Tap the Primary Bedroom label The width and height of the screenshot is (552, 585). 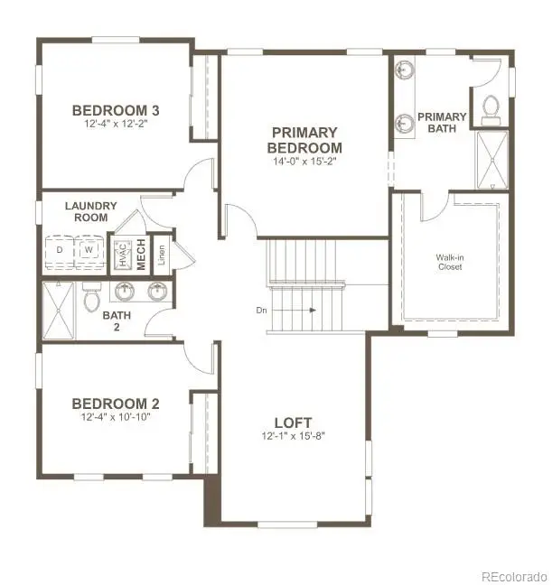(306, 140)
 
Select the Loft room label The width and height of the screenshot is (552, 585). (293, 422)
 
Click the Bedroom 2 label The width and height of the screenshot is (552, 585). (109, 403)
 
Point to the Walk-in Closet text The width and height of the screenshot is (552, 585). (451, 262)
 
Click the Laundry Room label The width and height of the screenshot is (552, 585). (87, 211)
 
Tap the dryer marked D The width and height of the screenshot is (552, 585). (61, 250)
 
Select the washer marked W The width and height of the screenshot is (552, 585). (89, 250)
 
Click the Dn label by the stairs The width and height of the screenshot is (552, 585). (261, 310)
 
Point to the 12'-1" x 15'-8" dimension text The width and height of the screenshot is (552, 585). (293, 437)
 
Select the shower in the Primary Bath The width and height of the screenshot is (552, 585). (491, 159)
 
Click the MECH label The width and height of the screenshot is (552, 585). (141, 252)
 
